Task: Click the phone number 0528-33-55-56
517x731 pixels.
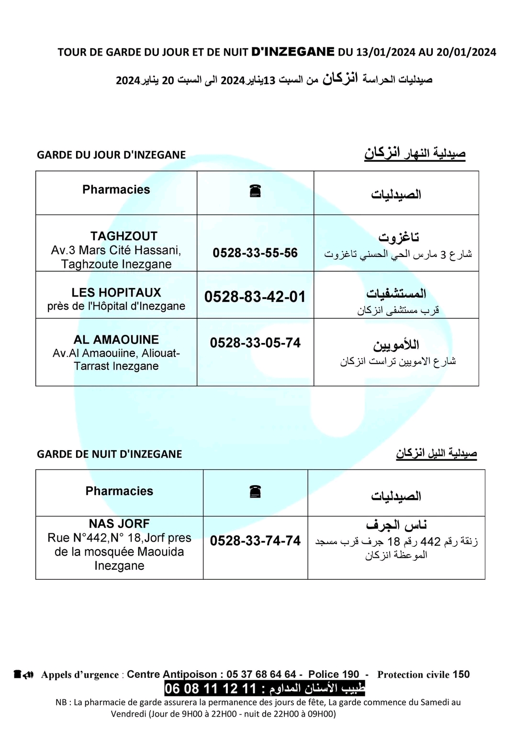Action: pyautogui.click(x=255, y=253)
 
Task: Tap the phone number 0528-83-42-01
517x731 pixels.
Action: pyautogui.click(x=255, y=297)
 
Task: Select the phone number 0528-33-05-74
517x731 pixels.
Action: pyautogui.click(x=255, y=343)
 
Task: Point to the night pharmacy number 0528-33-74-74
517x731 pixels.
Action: pyautogui.click(x=255, y=541)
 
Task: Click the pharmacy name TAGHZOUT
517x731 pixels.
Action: pyautogui.click(x=124, y=236)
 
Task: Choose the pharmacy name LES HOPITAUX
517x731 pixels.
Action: pyautogui.click(x=116, y=292)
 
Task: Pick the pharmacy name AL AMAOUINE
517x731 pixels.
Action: pyautogui.click(x=116, y=340)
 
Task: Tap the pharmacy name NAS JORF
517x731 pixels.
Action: pyautogui.click(x=119, y=524)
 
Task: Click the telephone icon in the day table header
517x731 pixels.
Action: pyautogui.click(x=255, y=191)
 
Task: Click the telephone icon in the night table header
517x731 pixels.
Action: pyautogui.click(x=255, y=491)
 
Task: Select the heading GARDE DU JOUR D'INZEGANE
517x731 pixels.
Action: pyautogui.click(x=111, y=155)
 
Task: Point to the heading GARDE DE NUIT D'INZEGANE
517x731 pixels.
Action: pyautogui.click(x=109, y=454)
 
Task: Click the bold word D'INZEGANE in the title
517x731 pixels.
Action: pyautogui.click(x=293, y=52)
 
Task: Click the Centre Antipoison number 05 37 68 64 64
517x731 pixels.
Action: pyautogui.click(x=261, y=674)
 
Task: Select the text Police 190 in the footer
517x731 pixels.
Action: pyautogui.click(x=334, y=674)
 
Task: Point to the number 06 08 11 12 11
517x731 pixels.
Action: pyautogui.click(x=211, y=689)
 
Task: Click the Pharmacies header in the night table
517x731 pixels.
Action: pyautogui.click(x=119, y=491)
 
